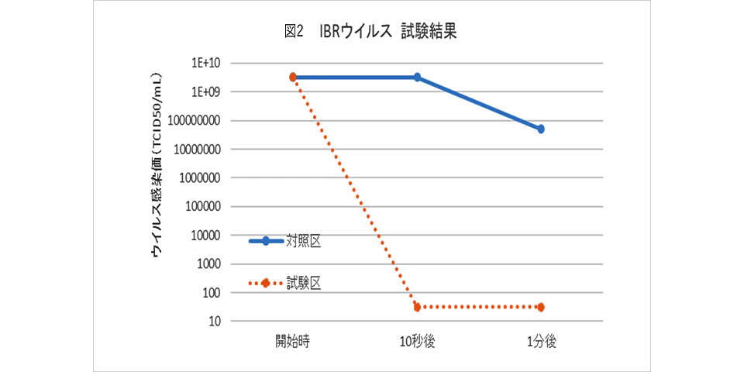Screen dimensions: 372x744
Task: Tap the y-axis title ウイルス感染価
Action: [157, 165]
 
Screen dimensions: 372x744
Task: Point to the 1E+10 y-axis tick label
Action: [208, 63]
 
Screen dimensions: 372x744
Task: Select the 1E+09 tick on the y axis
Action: [208, 91]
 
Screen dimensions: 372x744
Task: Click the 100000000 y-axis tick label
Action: [195, 120]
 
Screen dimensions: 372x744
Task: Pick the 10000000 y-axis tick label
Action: [197, 149]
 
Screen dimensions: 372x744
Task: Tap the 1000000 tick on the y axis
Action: [199, 177]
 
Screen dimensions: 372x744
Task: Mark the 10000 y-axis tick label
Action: [205, 235]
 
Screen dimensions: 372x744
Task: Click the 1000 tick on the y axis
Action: [207, 263]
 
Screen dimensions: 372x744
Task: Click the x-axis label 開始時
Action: [293, 342]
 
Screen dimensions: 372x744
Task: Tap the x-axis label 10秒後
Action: [417, 342]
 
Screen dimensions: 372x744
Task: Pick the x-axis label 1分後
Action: [541, 342]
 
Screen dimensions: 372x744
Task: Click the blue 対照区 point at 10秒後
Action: [417, 77]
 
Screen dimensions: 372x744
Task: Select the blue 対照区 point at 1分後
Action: [541, 129]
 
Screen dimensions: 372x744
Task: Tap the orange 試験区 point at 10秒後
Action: [417, 307]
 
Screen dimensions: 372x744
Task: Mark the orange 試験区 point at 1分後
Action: [541, 307]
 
